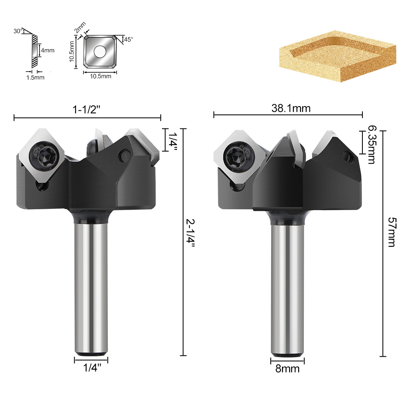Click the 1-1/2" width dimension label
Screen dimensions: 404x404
(x=86, y=110)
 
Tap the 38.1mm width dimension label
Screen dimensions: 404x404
(x=291, y=108)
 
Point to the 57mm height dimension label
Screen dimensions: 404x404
(x=391, y=232)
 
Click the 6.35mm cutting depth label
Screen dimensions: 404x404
(x=371, y=144)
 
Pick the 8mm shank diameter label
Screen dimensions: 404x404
(x=287, y=369)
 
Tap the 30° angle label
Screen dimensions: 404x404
(x=18, y=31)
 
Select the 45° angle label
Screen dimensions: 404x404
(x=128, y=40)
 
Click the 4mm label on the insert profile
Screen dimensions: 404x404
(x=48, y=50)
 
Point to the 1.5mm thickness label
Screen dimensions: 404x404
(x=35, y=77)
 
